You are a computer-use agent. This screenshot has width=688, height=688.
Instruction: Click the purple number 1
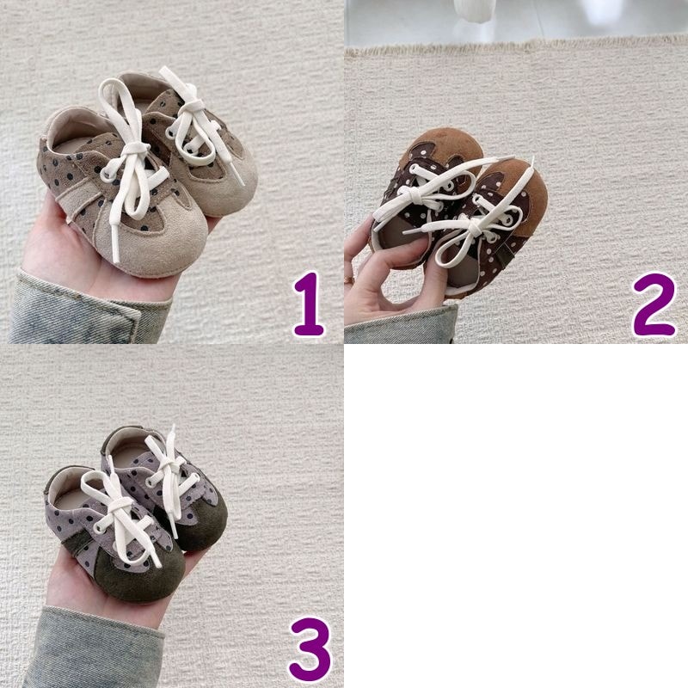tap(309, 304)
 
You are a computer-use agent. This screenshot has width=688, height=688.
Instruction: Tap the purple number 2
tap(654, 304)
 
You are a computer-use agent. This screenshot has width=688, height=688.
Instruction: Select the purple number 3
tap(310, 648)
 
